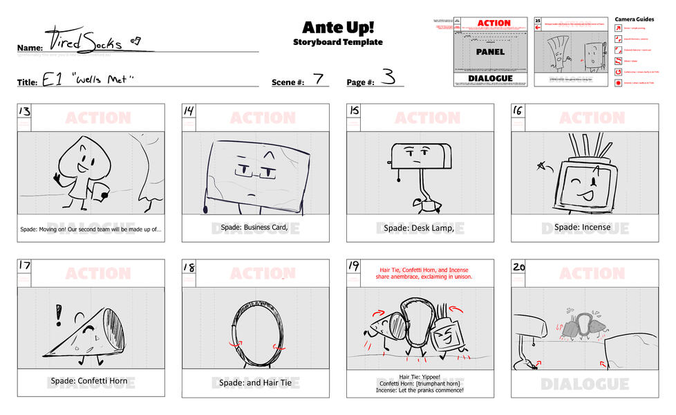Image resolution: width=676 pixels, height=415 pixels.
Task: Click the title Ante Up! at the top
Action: pyautogui.click(x=337, y=27)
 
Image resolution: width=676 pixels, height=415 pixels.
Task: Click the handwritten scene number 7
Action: pyautogui.click(x=317, y=78)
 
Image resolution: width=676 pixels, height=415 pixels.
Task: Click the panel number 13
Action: pyautogui.click(x=25, y=112)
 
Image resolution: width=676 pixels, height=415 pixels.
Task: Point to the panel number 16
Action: pyautogui.click(x=520, y=112)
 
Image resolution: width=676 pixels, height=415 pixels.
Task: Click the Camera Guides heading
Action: pyautogui.click(x=634, y=19)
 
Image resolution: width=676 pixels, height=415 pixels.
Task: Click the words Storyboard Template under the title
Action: pyautogui.click(x=337, y=42)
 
